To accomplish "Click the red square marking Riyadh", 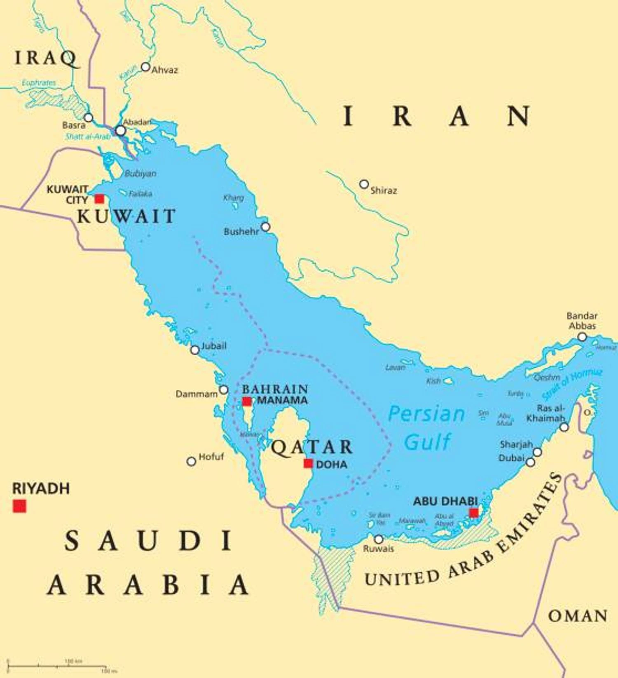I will coord(19,506).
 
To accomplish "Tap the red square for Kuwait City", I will coord(99,199).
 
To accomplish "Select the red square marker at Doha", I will coord(308,463).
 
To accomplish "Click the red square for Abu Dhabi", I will coord(474,513).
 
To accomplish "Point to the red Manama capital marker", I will coord(247,401).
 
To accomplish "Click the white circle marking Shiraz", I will coord(364,184).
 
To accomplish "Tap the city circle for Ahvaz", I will coord(145,67).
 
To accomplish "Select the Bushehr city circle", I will coord(266,227).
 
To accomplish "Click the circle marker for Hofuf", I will coord(191,461).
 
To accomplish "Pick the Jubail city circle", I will coord(195,350).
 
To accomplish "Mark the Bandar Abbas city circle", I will coord(582,337).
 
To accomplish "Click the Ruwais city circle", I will coord(379,539).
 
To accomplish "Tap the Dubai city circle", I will coord(531,462).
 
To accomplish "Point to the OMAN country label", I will coord(578,616).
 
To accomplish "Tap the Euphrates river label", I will coord(39,83).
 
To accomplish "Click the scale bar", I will coord(58,666).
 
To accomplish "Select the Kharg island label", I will coord(234,198).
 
